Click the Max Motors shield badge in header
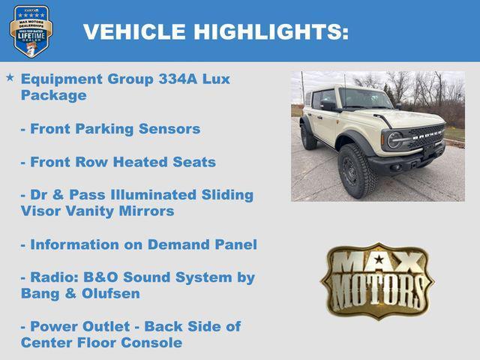click(x=31, y=31)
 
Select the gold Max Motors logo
click(x=377, y=280)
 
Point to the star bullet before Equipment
click(x=10, y=77)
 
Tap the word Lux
click(x=217, y=79)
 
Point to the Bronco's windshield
click(x=366, y=98)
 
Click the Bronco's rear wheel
click(x=308, y=136)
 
